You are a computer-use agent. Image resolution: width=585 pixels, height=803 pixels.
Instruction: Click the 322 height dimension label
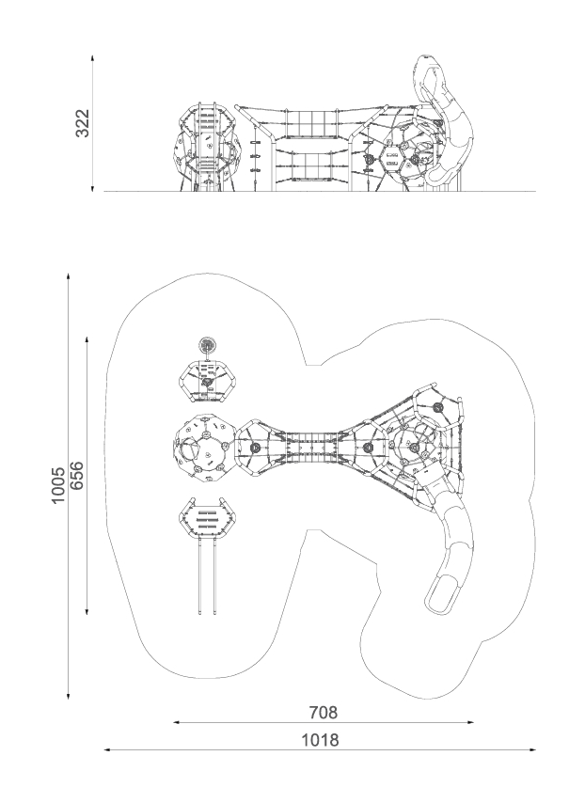[83, 123]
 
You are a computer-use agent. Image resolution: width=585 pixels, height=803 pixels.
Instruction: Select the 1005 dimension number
[58, 484]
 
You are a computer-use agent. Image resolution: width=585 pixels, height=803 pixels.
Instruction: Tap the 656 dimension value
[76, 476]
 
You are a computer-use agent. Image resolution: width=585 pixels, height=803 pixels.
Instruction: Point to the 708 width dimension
[324, 712]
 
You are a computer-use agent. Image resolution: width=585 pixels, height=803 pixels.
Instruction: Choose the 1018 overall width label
[320, 740]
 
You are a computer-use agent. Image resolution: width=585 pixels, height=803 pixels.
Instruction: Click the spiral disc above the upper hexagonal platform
[208, 345]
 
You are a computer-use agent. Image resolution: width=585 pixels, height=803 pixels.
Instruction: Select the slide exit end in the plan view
[440, 595]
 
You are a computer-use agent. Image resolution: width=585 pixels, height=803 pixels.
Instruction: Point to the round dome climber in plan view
[205, 449]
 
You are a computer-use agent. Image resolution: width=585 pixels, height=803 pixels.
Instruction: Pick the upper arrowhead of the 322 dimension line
[93, 58]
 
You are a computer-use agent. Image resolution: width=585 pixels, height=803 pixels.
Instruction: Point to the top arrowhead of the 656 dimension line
[87, 340]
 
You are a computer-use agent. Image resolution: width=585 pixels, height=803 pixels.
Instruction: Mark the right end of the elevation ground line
[536, 191]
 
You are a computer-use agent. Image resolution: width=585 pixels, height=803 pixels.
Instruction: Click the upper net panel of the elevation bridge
[311, 123]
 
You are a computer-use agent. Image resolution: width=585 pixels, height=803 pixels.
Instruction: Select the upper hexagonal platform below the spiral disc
[209, 382]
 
